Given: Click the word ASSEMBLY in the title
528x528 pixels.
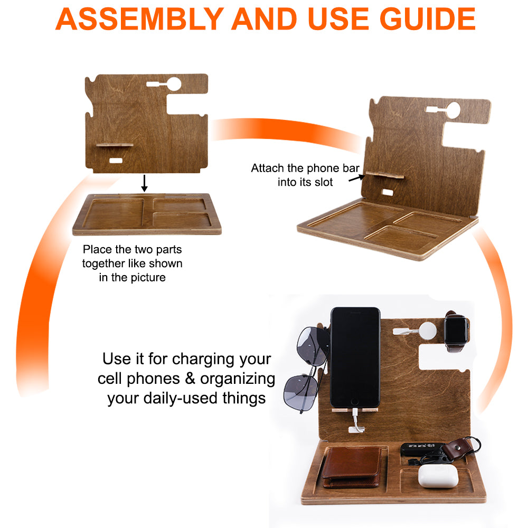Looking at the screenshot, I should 138,18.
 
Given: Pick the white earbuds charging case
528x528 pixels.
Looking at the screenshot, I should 437,475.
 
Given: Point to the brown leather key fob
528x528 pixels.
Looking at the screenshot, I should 457,448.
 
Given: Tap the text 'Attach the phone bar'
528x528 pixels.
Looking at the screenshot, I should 305,169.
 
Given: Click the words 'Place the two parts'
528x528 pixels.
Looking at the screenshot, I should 132,249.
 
